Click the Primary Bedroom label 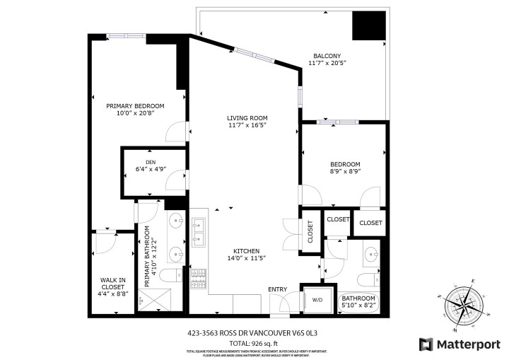[135, 106]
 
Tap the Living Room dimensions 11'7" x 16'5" [247, 126]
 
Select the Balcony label [327, 56]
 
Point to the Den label [150, 162]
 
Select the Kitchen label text [247, 251]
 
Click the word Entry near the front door [277, 289]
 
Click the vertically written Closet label [310, 232]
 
